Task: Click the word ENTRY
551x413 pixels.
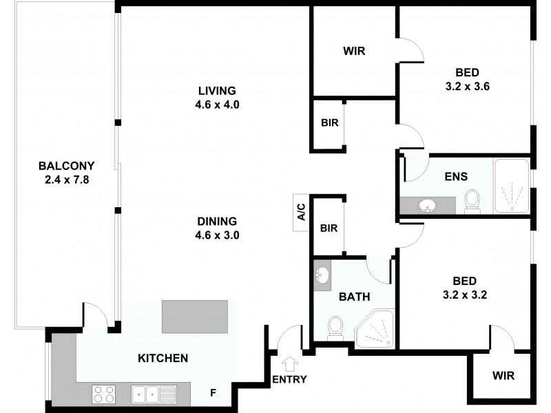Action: point(289,379)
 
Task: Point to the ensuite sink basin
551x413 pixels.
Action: point(427,204)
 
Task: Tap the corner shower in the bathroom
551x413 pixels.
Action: point(375,328)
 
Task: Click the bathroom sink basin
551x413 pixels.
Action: point(322,276)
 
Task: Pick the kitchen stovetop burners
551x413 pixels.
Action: point(104,394)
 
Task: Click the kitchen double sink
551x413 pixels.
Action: point(154,394)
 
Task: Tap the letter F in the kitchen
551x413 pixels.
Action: point(214,394)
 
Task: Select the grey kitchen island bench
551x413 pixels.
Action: point(195,317)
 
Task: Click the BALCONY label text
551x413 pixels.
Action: point(66,166)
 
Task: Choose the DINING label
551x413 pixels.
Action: point(217,222)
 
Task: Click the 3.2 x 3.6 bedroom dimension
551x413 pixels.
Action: point(467,87)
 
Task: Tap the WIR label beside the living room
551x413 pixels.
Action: point(354,51)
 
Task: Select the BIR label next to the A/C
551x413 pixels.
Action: point(329,227)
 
